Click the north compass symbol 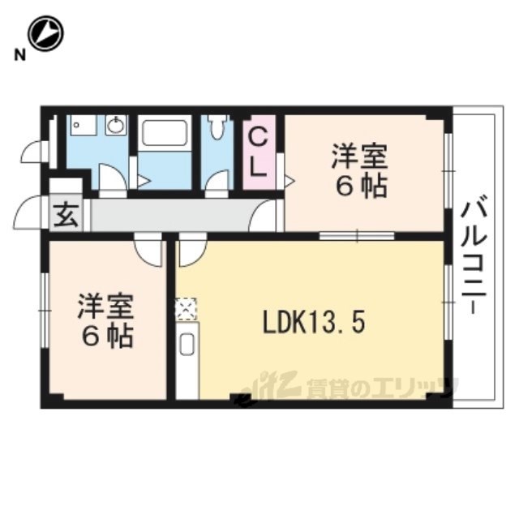[45, 34]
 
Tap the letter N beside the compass [19, 55]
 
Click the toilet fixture [217, 127]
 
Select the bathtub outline [165, 133]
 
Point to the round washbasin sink [116, 125]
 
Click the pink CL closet [259, 152]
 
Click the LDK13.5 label [314, 323]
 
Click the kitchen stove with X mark [186, 310]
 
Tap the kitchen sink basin [187, 344]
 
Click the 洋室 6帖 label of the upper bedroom [360, 171]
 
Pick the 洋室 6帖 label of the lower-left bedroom [106, 320]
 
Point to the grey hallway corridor [169, 215]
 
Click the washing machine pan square [84, 125]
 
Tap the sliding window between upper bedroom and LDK [357, 236]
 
